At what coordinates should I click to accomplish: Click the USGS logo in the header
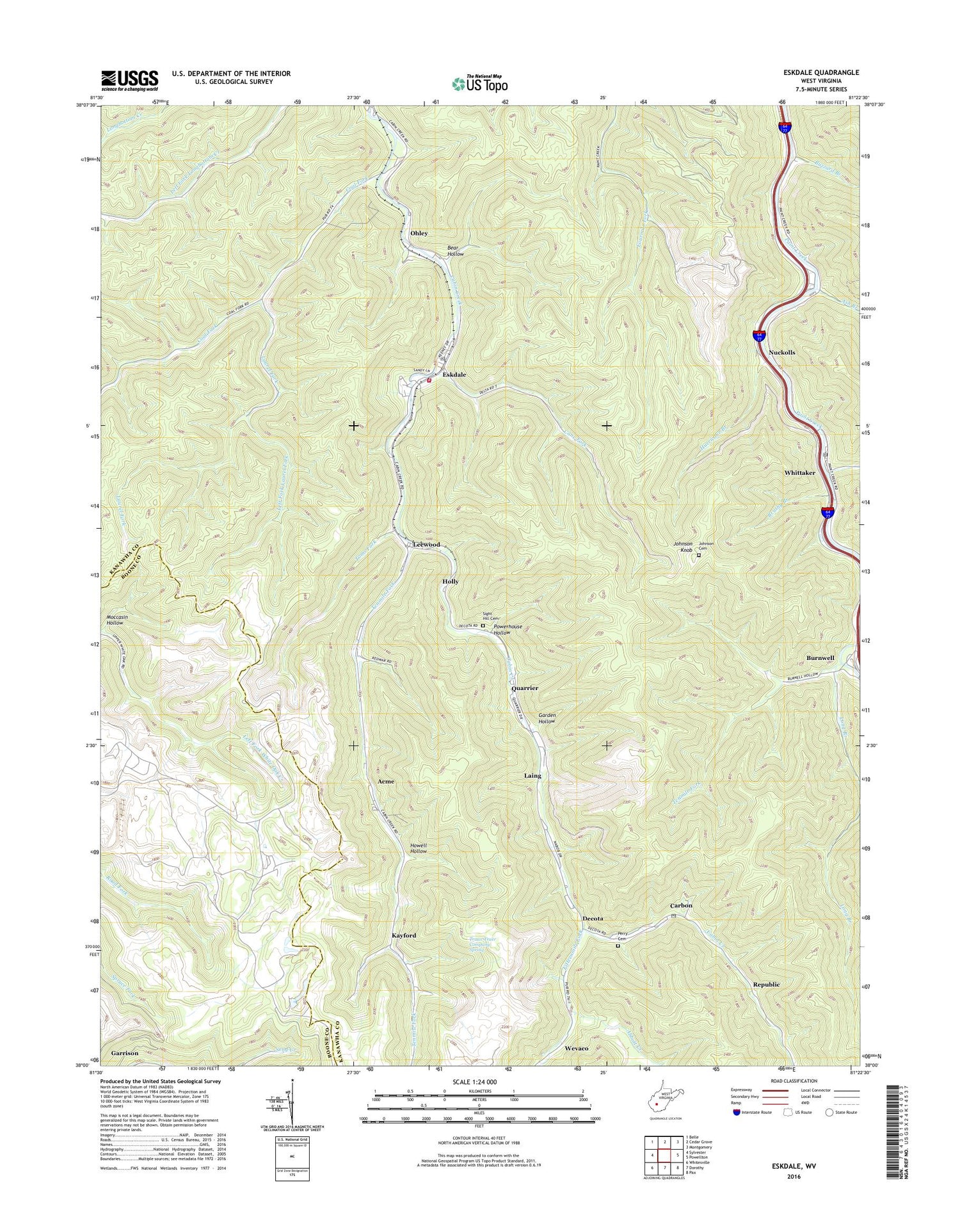[129, 79]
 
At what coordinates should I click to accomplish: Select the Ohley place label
[419, 234]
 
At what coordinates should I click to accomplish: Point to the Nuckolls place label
[781, 353]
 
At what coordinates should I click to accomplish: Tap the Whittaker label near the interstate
[799, 472]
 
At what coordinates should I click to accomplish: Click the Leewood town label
[426, 544]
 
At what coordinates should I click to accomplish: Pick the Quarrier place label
[525, 688]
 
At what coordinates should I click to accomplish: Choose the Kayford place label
[404, 935]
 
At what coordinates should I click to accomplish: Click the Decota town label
[593, 919]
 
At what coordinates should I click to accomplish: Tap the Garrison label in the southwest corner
[124, 1053]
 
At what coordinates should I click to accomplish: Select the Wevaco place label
[577, 1049]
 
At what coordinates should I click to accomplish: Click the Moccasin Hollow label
[117, 620]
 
